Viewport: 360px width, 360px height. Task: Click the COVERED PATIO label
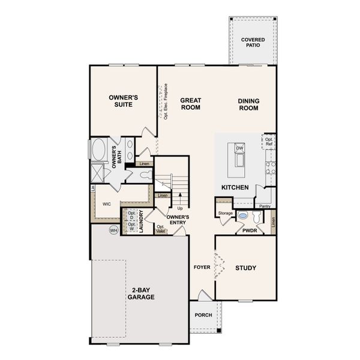coord(253,43)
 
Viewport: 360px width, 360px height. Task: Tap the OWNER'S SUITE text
coord(124,100)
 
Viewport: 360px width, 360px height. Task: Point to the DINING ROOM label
coord(248,105)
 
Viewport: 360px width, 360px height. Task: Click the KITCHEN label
coord(235,188)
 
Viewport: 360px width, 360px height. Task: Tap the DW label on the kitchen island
coord(239,148)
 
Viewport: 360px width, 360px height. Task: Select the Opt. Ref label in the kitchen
coord(269,142)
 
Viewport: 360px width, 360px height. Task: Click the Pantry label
coord(265,206)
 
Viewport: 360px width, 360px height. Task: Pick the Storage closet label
coord(225,213)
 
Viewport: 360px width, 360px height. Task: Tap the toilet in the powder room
coord(257,217)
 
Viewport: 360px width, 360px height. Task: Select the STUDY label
coord(246,268)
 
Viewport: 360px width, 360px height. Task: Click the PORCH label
coord(203,315)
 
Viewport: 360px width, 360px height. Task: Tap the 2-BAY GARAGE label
coord(142,293)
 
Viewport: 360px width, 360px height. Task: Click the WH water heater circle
coord(113,230)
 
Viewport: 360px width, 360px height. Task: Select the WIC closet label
coord(107,204)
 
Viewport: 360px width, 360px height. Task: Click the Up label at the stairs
coord(179,208)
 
